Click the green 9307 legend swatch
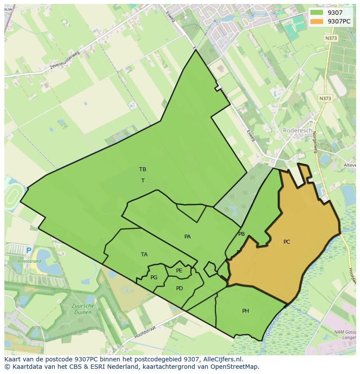317,13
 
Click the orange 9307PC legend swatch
317,21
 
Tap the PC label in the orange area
287,242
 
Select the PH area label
246,311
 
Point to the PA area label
187,237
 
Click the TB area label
143,169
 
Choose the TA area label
144,255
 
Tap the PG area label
154,278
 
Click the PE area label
179,271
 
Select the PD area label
180,288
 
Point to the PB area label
241,234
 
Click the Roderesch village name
297,130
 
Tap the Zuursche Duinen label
83,309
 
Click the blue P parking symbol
29,251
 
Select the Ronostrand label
29,261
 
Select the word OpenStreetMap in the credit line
236,367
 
